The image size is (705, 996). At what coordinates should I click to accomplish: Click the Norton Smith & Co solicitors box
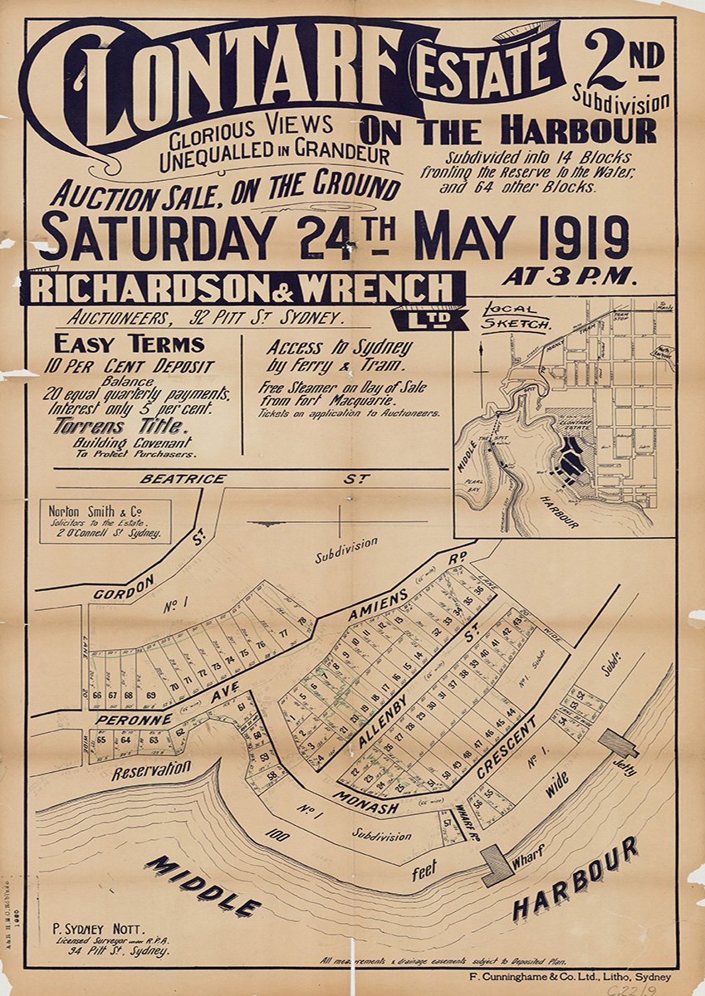point(105,521)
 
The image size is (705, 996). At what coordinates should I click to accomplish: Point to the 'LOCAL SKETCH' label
point(515,316)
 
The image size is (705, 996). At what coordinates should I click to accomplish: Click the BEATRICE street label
point(172,479)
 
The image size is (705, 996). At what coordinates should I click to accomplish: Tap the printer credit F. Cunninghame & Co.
point(569,977)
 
